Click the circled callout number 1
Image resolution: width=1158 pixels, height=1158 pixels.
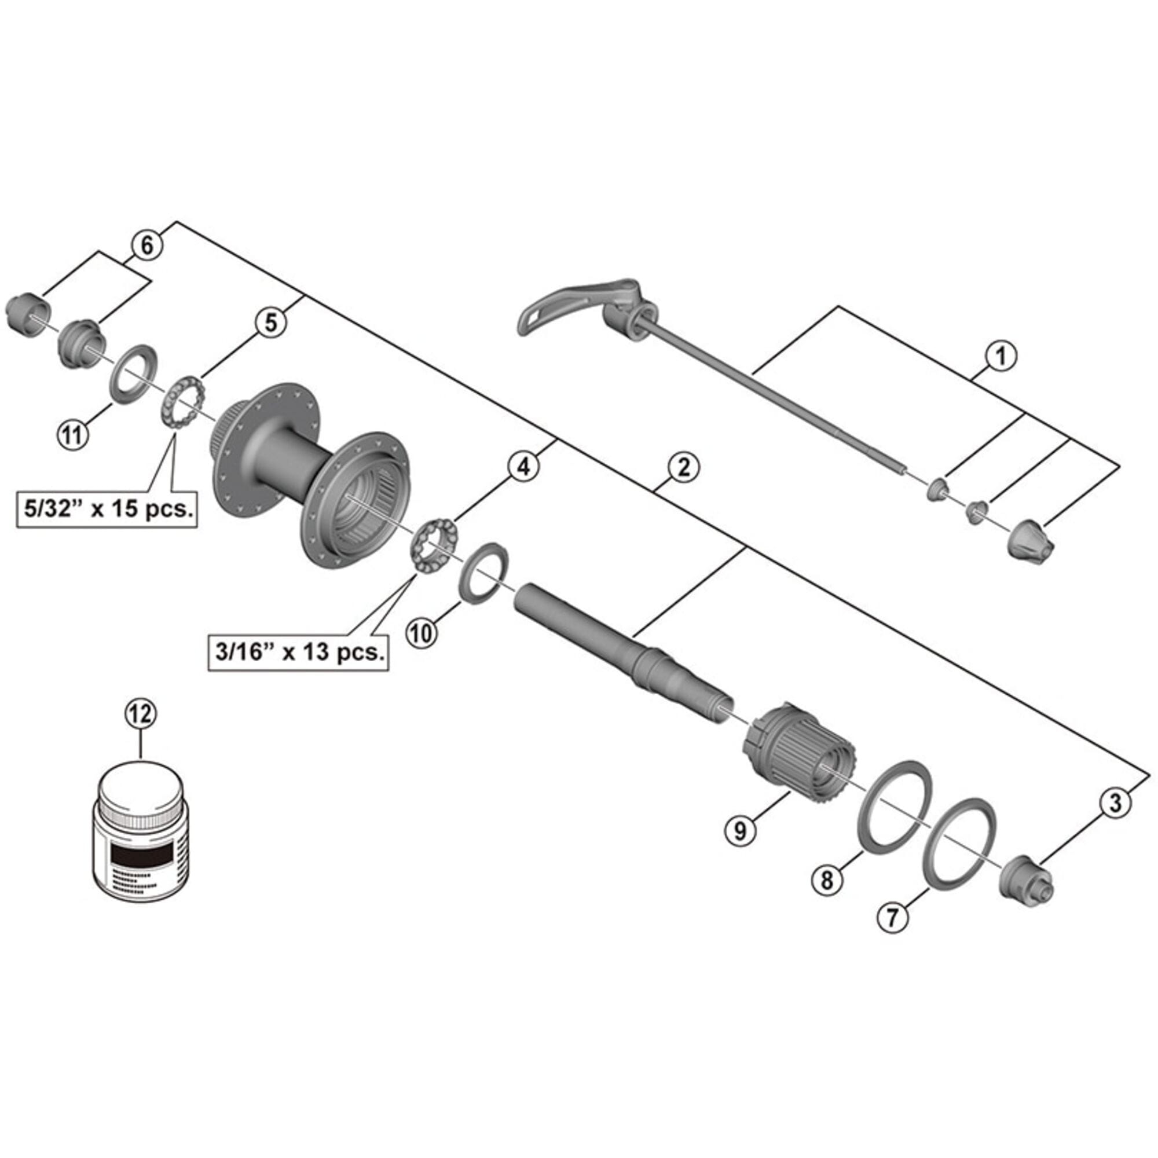click(x=1001, y=356)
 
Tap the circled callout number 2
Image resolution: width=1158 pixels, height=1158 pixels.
click(x=684, y=467)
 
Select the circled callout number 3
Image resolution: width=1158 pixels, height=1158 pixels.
click(x=1114, y=802)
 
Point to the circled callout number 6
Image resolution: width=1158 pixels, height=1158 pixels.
click(x=147, y=245)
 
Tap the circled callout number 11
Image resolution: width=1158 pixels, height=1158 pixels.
click(x=72, y=434)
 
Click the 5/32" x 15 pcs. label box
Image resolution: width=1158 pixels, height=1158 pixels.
click(x=107, y=510)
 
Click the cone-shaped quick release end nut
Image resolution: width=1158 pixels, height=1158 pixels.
click(x=1028, y=538)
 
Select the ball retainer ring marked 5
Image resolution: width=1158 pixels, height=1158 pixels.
click(x=183, y=401)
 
